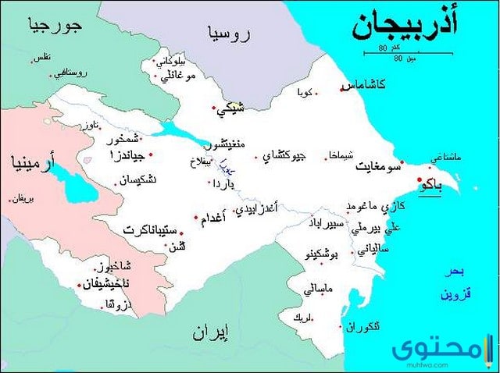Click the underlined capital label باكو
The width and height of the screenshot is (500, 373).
[x=430, y=186]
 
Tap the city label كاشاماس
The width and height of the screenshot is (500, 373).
[x=368, y=84]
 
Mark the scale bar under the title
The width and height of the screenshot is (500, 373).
[x=387, y=52]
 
